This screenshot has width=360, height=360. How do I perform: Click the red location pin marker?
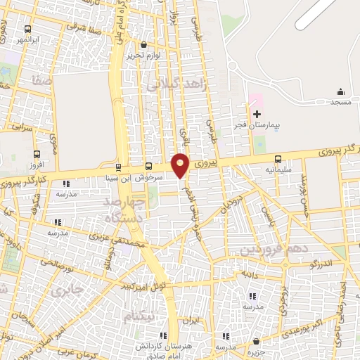pos(181,165)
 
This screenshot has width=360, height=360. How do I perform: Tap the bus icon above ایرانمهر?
pos(27,30)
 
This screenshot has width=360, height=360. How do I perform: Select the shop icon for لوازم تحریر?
pos(144,45)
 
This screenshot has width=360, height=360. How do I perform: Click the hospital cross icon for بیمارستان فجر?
pos(257,113)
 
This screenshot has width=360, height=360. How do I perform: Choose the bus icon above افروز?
pos(37,154)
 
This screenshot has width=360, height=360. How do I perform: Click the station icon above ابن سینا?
pos(117,167)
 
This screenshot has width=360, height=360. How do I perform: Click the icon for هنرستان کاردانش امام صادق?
pos(164,335)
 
